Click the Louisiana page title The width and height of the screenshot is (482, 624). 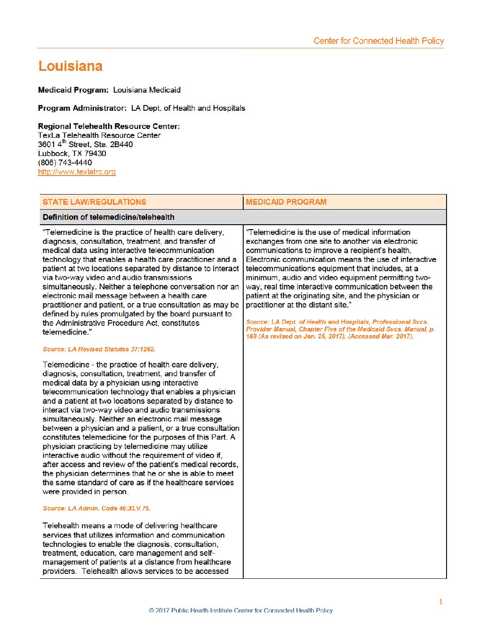[x=70, y=66]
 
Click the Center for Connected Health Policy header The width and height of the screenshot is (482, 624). [x=378, y=41]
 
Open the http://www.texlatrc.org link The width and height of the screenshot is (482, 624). [x=77, y=172]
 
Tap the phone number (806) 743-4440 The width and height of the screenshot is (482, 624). [x=65, y=163]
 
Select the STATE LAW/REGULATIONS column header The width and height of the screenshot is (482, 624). [x=94, y=202]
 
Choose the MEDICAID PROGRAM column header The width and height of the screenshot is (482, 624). [x=286, y=202]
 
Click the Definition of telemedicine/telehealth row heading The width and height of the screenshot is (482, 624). [x=109, y=217]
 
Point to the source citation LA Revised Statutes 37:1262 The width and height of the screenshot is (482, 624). [x=99, y=349]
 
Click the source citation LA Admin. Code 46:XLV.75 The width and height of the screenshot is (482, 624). [x=97, y=508]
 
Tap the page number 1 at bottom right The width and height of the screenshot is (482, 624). [x=440, y=602]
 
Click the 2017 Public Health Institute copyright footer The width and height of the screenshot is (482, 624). [x=241, y=610]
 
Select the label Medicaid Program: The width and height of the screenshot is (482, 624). [x=73, y=90]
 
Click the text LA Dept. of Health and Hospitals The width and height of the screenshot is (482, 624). [x=188, y=108]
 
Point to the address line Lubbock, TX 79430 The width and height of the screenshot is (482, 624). [x=72, y=154]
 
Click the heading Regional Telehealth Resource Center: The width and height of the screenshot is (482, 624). [x=109, y=126]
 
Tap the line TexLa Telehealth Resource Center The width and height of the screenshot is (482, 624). [x=99, y=136]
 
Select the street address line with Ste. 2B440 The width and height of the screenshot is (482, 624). [x=85, y=144]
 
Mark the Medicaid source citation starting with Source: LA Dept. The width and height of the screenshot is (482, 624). [x=340, y=329]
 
